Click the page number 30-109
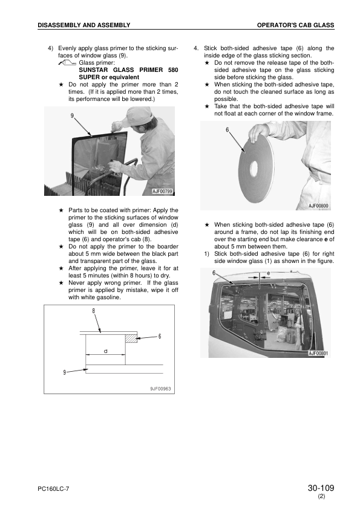[321, 488]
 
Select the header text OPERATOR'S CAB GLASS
[295, 25]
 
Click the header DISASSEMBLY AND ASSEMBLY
[84, 25]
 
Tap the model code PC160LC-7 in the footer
[53, 489]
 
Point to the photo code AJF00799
[163, 191]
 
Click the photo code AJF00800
[318, 206]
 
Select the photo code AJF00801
[318, 354]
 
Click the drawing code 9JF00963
[160, 389]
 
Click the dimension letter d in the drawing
[105, 351]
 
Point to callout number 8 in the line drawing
[94, 311]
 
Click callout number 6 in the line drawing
[160, 336]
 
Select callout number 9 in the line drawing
[64, 372]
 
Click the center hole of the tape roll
[254, 168]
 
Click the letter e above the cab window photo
[269, 273]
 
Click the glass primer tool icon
[68, 63]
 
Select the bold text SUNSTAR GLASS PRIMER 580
[128, 70]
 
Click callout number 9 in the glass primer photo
[72, 115]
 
